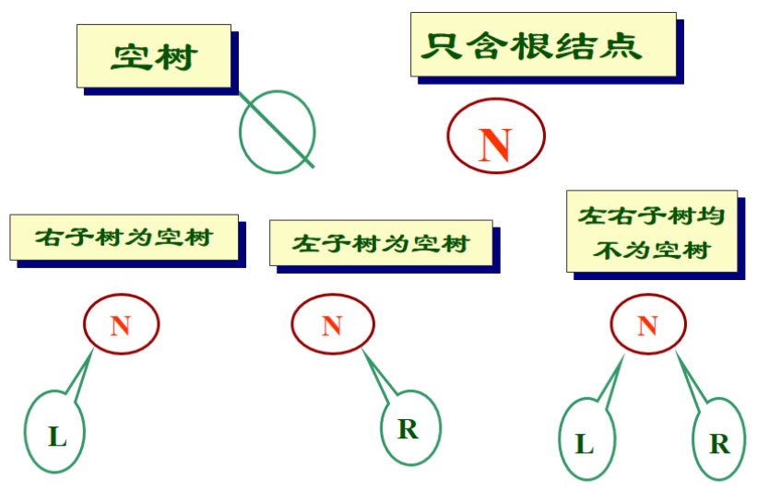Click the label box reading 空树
point(153,56)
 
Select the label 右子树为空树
point(124,238)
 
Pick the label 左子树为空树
point(380,243)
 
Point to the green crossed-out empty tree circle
point(277,132)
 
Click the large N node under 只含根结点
point(496,137)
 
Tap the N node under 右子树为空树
point(121,324)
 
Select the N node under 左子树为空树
point(332,324)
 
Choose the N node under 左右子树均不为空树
point(648,324)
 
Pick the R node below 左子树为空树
point(408,428)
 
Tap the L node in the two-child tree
point(585,443)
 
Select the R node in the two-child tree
point(719,443)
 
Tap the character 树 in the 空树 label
point(180,57)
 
